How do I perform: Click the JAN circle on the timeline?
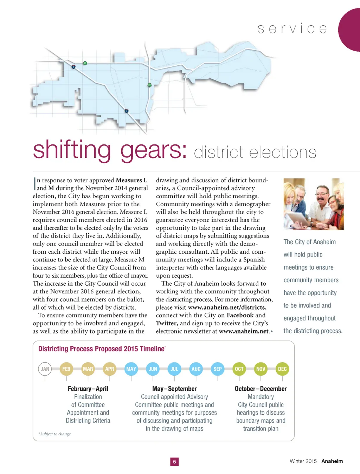pos(45,369)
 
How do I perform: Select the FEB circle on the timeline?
pos(66,369)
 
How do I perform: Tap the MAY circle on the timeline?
pos(131,369)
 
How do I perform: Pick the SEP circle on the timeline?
pos(218,369)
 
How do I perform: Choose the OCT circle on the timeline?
pos(239,369)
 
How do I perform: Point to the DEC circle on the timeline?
pos(282,369)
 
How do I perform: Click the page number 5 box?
pos(174,462)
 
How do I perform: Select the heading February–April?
pos(88,389)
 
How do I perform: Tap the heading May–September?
pos(174,389)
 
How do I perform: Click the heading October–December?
pos(261,389)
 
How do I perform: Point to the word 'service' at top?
pos(292,29)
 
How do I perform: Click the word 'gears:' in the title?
pos(154,150)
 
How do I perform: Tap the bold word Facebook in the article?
pos(240,315)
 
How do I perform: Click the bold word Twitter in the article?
pos(166,323)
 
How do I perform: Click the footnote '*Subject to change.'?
pos(55,434)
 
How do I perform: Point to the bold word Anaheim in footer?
pos(332,461)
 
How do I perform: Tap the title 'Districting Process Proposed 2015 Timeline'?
pos(101,349)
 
